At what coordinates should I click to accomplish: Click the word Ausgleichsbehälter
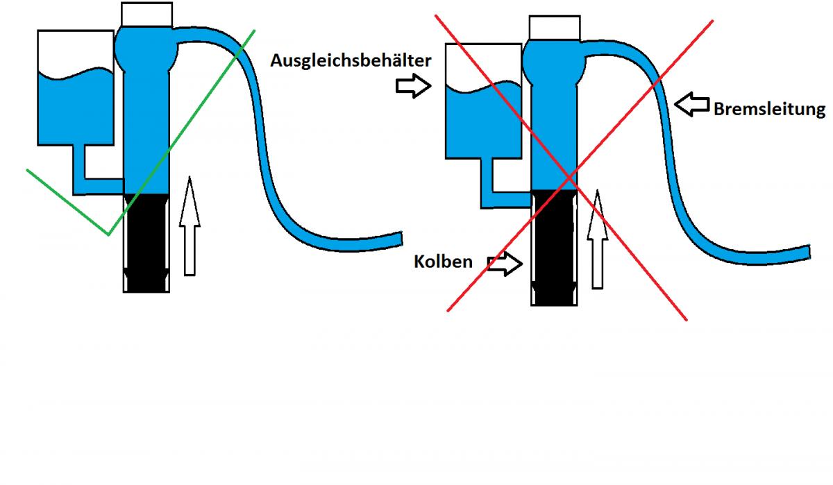click(351, 60)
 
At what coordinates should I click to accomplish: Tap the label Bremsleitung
click(769, 109)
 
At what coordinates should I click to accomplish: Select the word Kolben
click(443, 262)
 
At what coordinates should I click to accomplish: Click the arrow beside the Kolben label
click(505, 264)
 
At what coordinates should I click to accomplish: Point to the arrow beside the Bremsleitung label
click(691, 105)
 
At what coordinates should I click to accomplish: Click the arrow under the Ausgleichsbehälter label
click(414, 86)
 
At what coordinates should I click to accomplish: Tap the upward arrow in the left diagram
click(190, 226)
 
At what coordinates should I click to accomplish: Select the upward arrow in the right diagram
click(598, 239)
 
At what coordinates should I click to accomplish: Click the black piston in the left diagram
click(146, 243)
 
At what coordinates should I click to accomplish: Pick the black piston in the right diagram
click(554, 248)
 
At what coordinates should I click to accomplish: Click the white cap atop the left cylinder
click(147, 15)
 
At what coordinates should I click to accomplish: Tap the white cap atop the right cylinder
click(555, 28)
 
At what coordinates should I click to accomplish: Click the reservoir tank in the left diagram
click(76, 87)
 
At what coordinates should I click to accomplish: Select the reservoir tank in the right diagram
click(483, 101)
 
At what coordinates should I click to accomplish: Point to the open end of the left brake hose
click(401, 239)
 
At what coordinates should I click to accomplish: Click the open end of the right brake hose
click(809, 252)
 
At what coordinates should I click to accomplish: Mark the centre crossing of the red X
click(570, 179)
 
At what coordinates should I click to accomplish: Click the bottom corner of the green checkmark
click(108, 235)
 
